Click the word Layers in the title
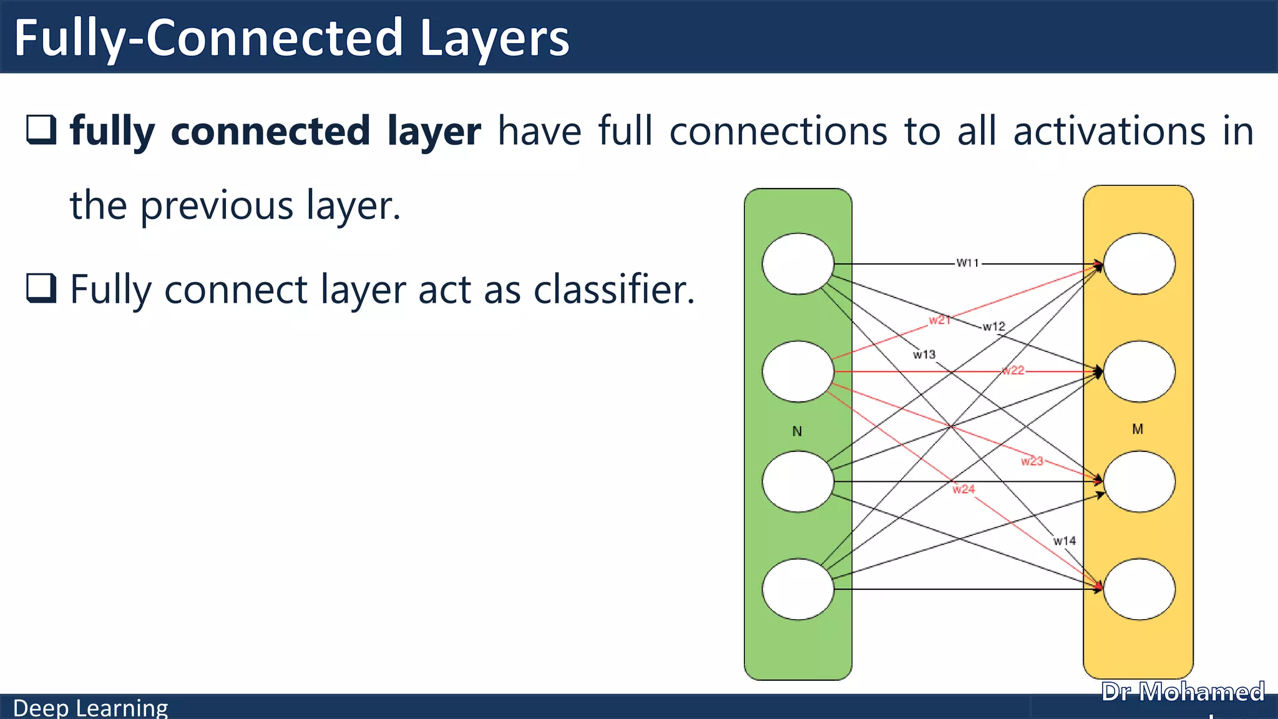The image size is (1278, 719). [x=494, y=39]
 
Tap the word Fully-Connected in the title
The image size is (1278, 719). [x=208, y=39]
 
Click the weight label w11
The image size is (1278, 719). [x=968, y=263]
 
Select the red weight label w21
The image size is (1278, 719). [x=939, y=320]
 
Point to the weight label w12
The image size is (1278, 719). [x=993, y=326]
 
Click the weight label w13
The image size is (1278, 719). [x=924, y=355]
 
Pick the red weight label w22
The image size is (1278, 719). [x=1013, y=370]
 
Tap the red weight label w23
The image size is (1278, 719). [x=1032, y=461]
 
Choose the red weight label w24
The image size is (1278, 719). [x=963, y=489]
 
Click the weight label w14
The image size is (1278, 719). [x=1065, y=541]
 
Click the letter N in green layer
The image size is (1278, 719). [x=797, y=431]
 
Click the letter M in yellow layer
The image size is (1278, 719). [x=1138, y=429]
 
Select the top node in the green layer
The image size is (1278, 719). [x=798, y=263]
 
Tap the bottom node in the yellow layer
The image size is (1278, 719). [x=1139, y=589]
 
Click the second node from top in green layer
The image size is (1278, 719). [x=798, y=371]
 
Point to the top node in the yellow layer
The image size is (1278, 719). [x=1139, y=263]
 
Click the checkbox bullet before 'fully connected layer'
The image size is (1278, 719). [x=41, y=130]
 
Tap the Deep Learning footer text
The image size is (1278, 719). [x=90, y=708]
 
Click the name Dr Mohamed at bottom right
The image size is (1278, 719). [x=1183, y=692]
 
